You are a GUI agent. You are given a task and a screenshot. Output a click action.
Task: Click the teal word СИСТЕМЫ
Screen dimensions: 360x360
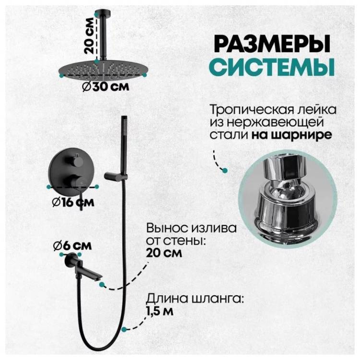(272, 67)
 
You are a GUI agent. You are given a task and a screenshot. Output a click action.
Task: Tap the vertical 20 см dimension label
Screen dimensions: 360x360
(89, 36)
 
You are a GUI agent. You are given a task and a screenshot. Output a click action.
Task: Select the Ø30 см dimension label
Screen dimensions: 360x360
(106, 87)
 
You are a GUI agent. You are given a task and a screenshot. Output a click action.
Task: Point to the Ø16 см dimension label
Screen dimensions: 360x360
(73, 202)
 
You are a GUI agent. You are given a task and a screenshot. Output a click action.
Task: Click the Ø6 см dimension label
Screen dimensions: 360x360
(72, 246)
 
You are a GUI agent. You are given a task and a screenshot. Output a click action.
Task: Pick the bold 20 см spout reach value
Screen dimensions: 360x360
(164, 253)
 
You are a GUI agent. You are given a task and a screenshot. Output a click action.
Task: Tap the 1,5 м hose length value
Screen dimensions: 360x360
(160, 312)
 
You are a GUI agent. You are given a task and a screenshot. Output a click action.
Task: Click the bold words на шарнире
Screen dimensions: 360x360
(291, 135)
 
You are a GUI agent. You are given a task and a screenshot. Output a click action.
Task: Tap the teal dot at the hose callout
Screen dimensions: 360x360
(124, 329)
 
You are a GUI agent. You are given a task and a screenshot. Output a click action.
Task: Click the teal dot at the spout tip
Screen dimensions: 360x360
(102, 285)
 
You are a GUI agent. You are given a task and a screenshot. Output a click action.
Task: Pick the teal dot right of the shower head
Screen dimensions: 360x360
(144, 74)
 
